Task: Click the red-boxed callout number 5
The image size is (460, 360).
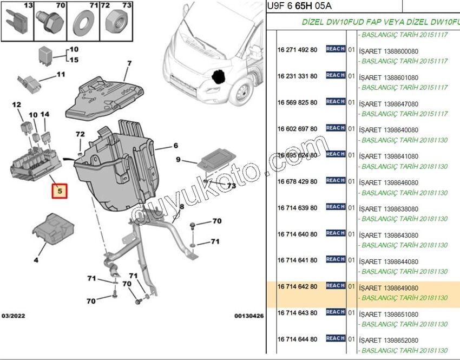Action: coord(60,191)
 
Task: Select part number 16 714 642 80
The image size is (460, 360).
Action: coord(297,286)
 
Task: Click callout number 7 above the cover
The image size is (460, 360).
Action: coord(129,63)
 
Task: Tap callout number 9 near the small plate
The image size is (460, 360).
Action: coord(178,160)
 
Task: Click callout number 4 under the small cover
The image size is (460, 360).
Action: coord(36,260)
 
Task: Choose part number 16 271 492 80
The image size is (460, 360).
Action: coord(297,49)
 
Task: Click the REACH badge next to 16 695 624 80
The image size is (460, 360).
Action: coord(336,154)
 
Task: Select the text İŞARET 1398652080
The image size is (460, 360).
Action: coord(389,339)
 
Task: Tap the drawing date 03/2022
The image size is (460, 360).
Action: coord(13,316)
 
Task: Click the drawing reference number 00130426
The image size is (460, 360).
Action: coord(248,316)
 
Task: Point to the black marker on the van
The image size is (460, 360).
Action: coord(218,77)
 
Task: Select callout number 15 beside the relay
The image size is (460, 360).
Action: coord(74,60)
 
